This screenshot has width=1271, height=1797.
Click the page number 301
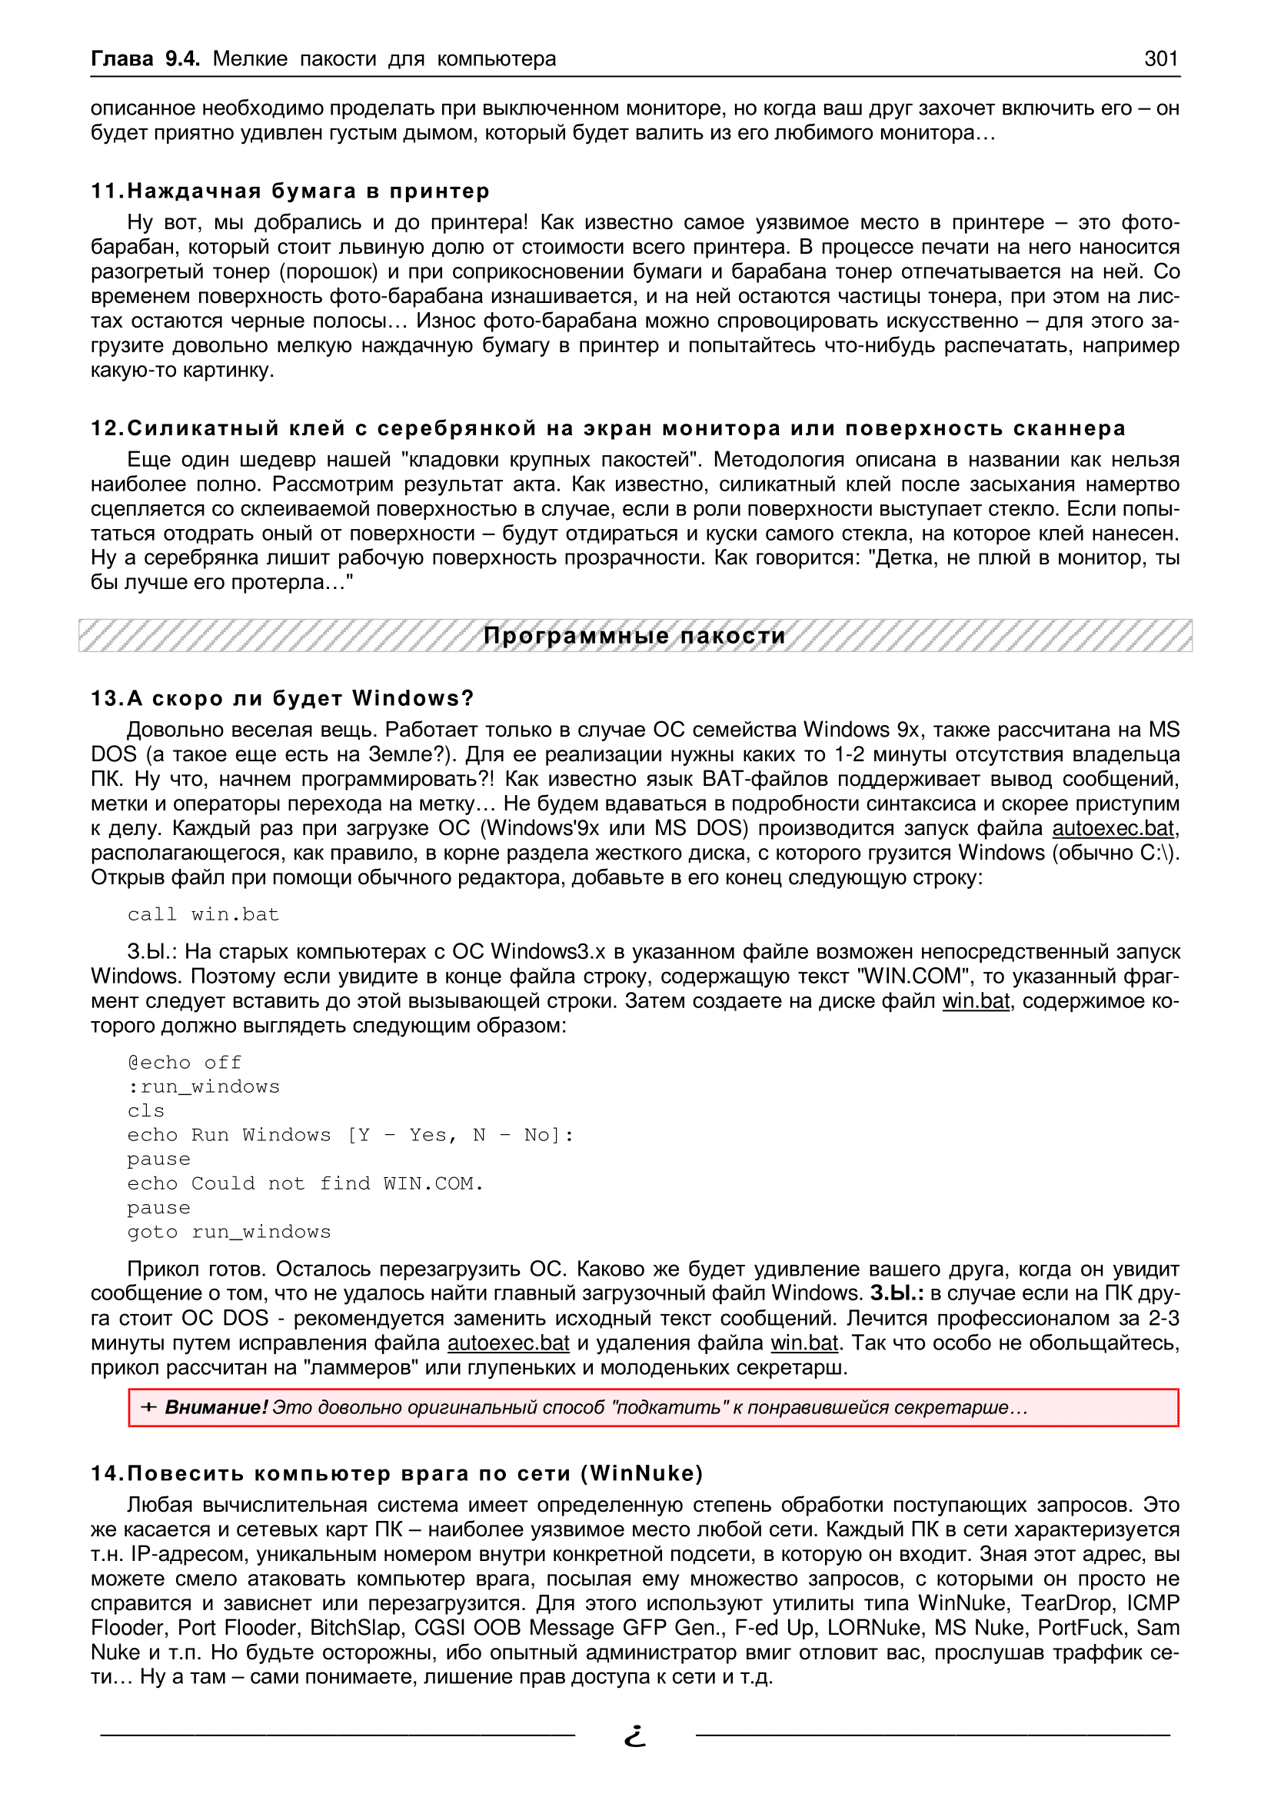click(1160, 58)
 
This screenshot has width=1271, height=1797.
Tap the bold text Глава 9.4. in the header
click(145, 58)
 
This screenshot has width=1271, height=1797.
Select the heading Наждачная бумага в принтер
click(308, 191)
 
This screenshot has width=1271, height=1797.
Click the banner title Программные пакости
click(634, 635)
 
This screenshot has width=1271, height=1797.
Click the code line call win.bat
click(204, 914)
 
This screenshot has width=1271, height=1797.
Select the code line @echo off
click(185, 1062)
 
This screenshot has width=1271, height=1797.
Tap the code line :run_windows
click(204, 1087)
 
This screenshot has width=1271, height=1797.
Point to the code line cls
click(146, 1110)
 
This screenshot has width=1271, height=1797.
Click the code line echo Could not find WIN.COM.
click(305, 1183)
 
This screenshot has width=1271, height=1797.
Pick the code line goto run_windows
click(229, 1232)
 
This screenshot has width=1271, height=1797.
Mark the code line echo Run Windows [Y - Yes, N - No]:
click(351, 1135)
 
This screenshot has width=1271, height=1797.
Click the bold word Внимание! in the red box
click(216, 1408)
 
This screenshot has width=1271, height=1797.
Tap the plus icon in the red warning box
click(148, 1408)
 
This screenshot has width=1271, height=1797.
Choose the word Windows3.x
click(547, 952)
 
